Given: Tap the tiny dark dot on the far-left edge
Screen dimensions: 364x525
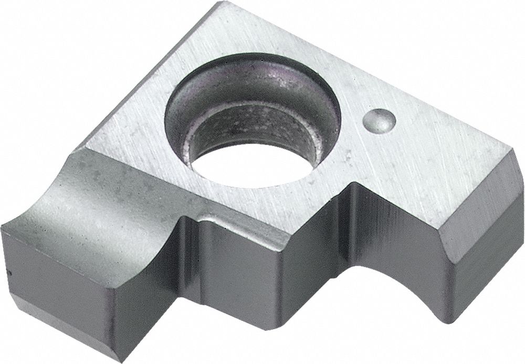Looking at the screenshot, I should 9,272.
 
